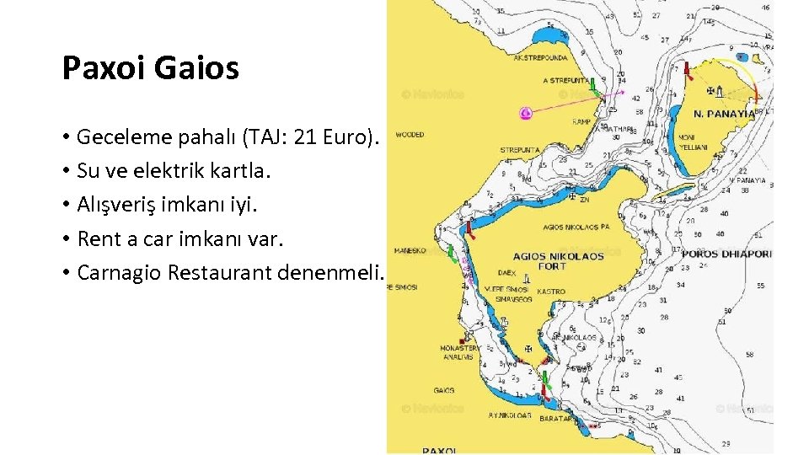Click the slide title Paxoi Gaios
(151, 68)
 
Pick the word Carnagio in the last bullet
(119, 273)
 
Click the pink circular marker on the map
(527, 112)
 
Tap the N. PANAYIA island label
(724, 114)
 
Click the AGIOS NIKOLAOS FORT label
(559, 260)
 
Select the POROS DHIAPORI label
(726, 253)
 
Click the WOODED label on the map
(410, 135)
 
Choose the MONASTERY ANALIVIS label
(461, 352)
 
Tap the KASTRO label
(551, 291)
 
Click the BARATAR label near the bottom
(555, 418)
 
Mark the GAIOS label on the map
(444, 390)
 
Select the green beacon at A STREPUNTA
(594, 84)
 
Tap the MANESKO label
(410, 250)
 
